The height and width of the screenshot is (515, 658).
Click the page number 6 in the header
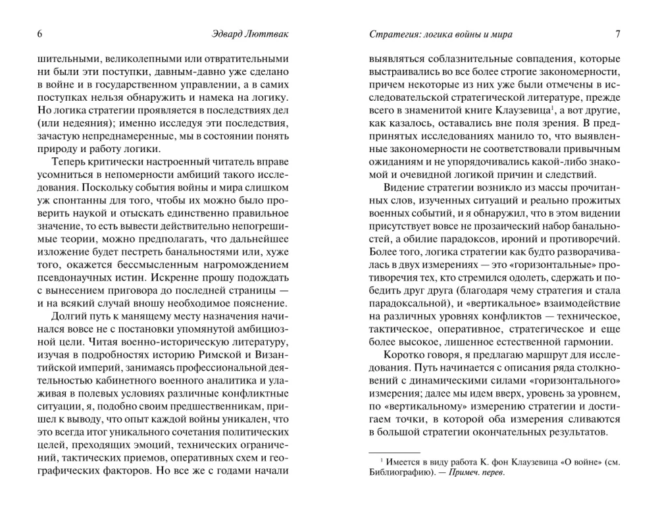(x=41, y=34)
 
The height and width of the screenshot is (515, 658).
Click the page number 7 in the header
(x=617, y=34)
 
